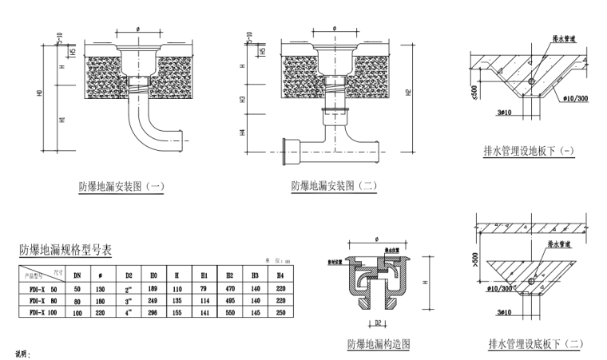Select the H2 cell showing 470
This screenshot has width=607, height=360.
point(229,288)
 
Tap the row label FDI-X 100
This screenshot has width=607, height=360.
point(44,314)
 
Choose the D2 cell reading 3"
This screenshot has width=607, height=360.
point(128,301)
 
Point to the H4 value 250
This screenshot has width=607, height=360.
point(280,314)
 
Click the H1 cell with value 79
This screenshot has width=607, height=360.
point(204,288)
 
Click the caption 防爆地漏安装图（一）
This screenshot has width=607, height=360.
point(121,187)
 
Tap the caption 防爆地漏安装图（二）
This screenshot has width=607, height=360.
point(334,185)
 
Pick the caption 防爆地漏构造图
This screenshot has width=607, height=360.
point(379,344)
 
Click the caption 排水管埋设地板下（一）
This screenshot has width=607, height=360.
point(529,150)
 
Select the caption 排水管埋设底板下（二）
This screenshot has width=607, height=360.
point(536,344)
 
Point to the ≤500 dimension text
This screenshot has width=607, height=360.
point(474,93)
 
